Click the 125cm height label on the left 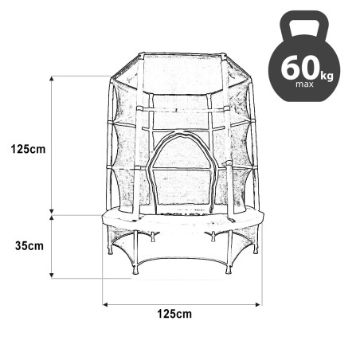click(28, 148)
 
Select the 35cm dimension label click(29, 245)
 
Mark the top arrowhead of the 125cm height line click(53, 79)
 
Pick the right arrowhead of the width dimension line click(260, 303)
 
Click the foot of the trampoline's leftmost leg click(110, 253)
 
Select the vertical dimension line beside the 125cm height click(53, 148)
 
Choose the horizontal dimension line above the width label click(183, 303)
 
